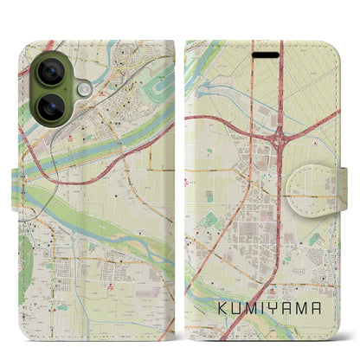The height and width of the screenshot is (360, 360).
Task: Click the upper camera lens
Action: click(x=50, y=73)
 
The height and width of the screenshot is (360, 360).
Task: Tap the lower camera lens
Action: click(x=50, y=108)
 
